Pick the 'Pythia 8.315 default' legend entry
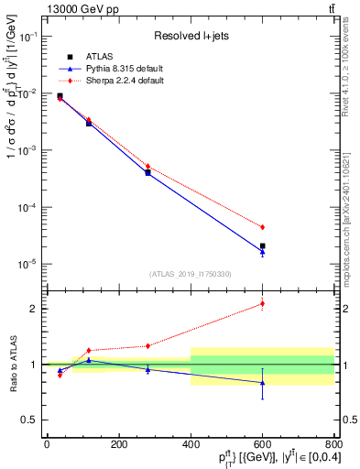(126, 69)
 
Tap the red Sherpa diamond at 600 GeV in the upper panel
(262, 227)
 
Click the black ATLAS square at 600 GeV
(262, 246)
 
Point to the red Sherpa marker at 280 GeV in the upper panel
(147, 167)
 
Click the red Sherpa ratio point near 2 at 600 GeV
(262, 303)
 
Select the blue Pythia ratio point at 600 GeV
(262, 383)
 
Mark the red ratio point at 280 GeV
(147, 345)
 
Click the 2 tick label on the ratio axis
(37, 309)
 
